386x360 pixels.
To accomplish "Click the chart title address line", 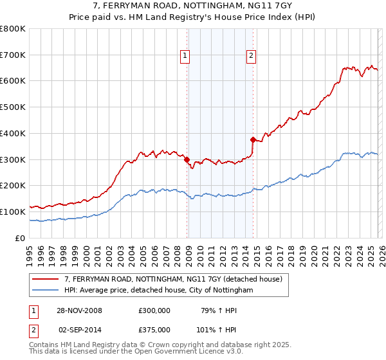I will tap(193, 6).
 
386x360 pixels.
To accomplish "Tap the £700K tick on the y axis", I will tap(13, 55).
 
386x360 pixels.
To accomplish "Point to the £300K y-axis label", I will tap(13, 159).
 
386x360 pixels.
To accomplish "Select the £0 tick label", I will tap(21, 238).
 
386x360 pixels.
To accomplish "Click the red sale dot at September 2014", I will tap(253, 139).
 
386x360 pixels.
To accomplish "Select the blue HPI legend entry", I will tap(159, 291).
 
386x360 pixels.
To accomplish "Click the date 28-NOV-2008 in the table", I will tap(79, 310).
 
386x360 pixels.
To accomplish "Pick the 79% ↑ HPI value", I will tap(214, 310).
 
